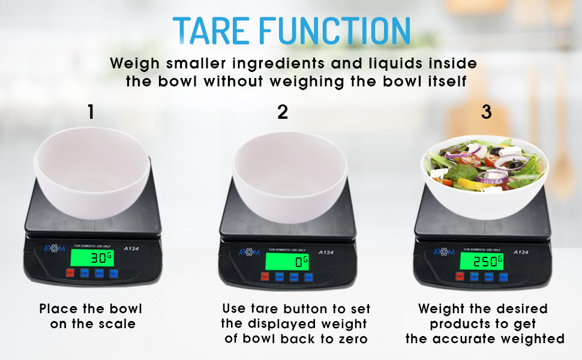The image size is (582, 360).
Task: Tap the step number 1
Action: (x=91, y=112)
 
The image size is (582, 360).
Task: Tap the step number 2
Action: (x=283, y=112)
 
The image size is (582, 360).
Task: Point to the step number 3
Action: (x=487, y=112)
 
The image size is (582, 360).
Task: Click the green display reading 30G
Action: (x=92, y=258)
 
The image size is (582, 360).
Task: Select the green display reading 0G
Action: (x=287, y=261)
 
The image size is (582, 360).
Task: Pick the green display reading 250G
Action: (x=481, y=261)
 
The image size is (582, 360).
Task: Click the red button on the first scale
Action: (x=70, y=274)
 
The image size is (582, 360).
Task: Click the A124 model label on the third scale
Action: (x=520, y=252)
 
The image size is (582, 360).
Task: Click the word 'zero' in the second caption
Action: (x=349, y=338)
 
